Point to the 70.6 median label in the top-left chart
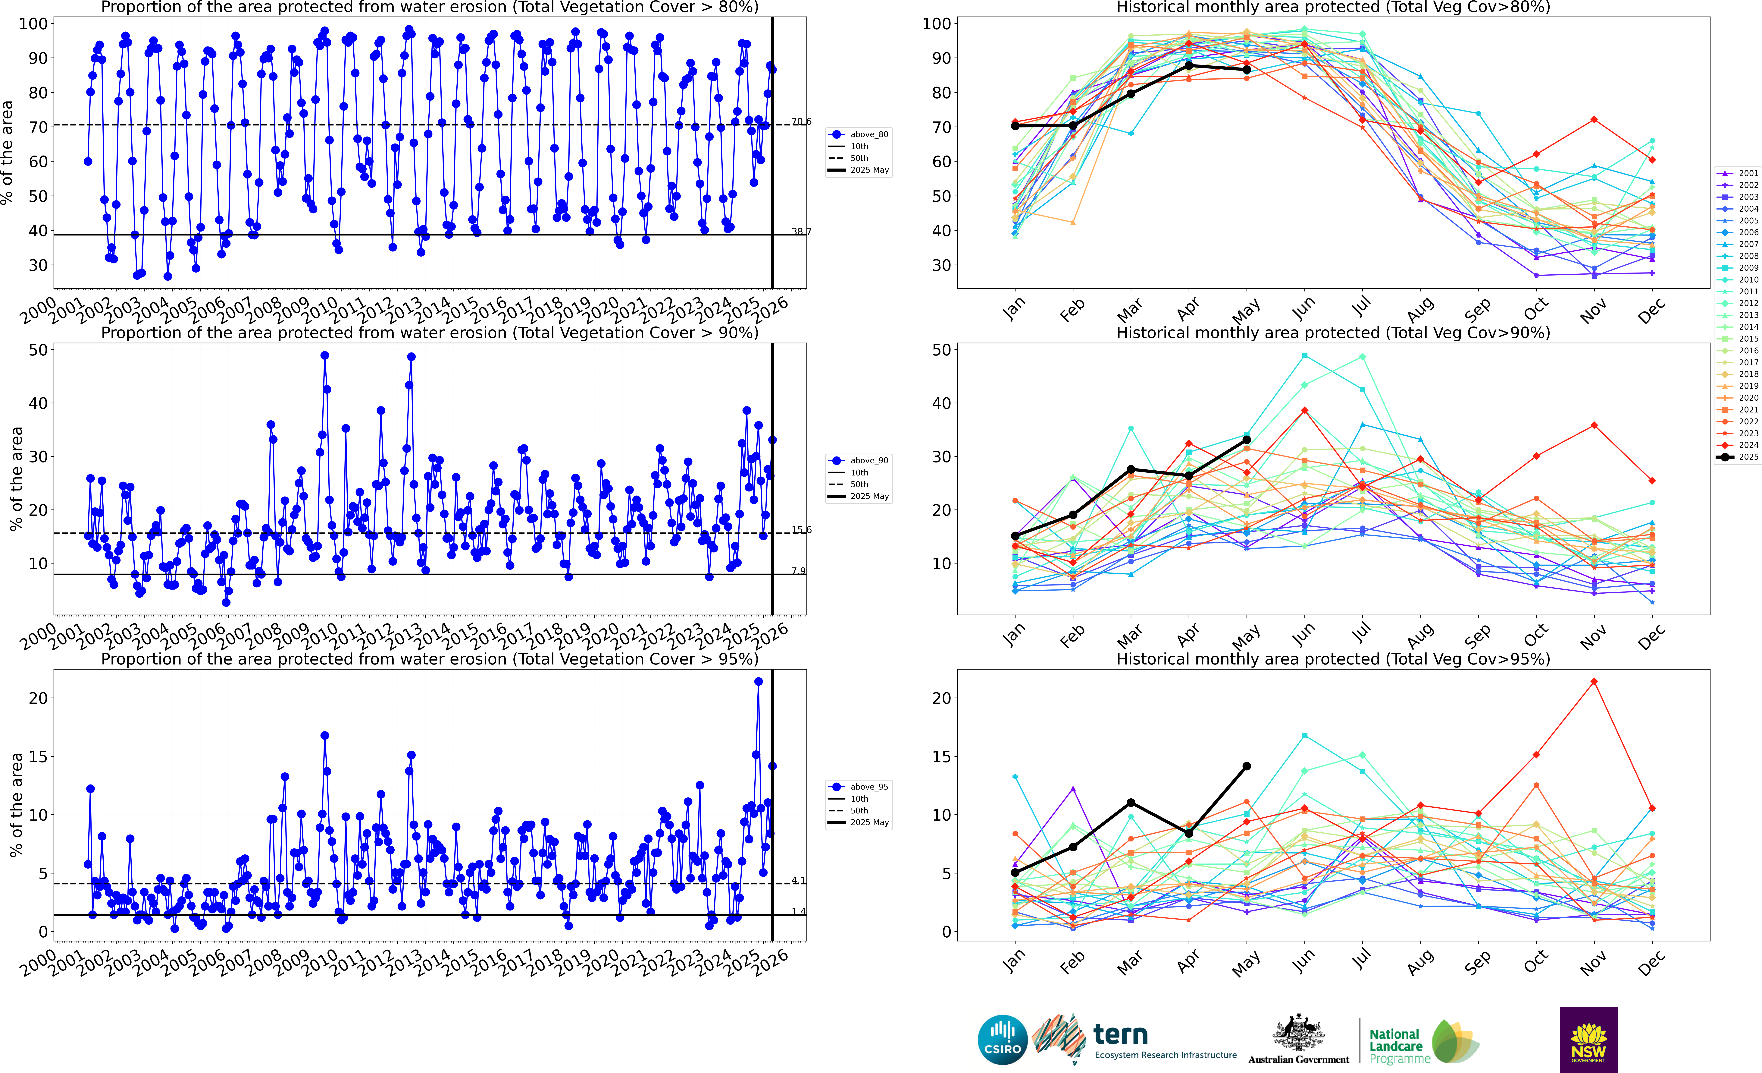[801, 122]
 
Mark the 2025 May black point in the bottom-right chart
[1246, 766]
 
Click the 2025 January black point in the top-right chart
[1015, 126]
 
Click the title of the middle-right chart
[1333, 333]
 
